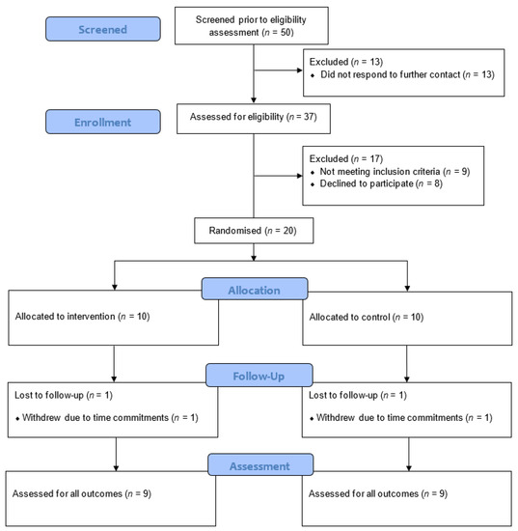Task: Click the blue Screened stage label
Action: (103, 29)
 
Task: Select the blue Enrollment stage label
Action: (103, 122)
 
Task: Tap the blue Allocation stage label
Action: (255, 289)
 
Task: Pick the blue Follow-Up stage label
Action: (259, 376)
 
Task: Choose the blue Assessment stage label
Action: (260, 465)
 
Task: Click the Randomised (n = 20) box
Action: (254, 231)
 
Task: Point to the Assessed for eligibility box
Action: (254, 119)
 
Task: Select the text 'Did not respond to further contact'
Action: (391, 74)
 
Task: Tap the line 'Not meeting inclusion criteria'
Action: (380, 171)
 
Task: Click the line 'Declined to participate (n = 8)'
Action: (381, 183)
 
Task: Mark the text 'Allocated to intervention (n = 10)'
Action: (82, 317)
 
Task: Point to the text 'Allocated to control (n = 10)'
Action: (367, 317)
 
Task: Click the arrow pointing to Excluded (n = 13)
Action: (278, 70)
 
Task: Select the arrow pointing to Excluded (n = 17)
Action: (278, 176)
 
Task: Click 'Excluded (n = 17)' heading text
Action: (346, 158)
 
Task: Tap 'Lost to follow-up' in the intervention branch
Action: (49, 395)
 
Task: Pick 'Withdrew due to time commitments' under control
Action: (390, 417)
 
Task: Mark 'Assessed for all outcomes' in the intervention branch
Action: (67, 493)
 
